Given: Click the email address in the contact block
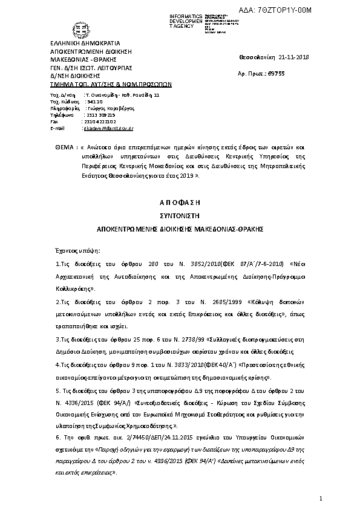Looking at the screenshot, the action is [109, 128].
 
